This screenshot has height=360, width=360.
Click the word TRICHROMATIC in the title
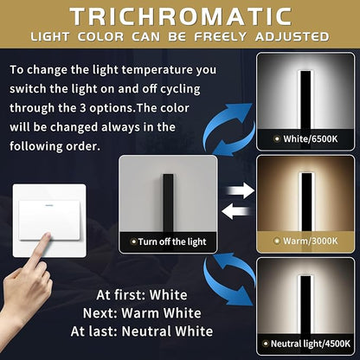click(181, 16)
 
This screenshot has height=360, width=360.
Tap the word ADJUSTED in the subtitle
click(292, 37)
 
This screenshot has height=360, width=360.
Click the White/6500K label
click(310, 139)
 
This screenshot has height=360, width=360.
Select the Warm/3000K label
click(310, 241)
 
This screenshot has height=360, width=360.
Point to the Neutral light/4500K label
click(311, 344)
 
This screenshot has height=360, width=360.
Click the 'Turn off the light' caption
click(172, 241)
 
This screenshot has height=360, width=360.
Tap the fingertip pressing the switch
click(47, 237)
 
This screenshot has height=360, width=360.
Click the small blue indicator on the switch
click(48, 205)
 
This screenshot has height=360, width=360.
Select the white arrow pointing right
click(240, 190)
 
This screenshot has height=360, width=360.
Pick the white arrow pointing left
click(235, 211)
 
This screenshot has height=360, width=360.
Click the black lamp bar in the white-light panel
click(305, 100)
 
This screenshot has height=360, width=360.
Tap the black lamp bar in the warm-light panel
click(306, 202)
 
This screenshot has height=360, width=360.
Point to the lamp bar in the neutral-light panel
click(305, 305)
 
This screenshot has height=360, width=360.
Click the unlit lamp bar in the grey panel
click(168, 202)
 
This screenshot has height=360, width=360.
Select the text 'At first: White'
click(142, 295)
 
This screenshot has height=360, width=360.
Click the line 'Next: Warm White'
click(142, 313)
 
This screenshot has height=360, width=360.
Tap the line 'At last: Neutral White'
click(142, 331)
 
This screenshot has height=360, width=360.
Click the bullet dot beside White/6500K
click(277, 139)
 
